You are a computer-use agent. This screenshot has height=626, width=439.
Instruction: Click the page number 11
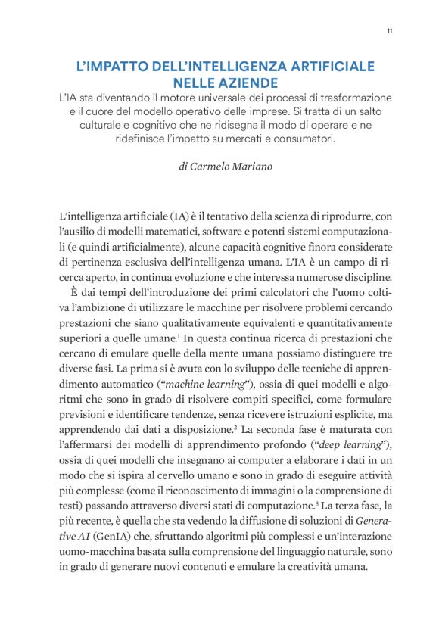click(x=388, y=30)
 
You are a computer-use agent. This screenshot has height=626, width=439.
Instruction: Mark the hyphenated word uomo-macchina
click(x=98, y=541)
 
